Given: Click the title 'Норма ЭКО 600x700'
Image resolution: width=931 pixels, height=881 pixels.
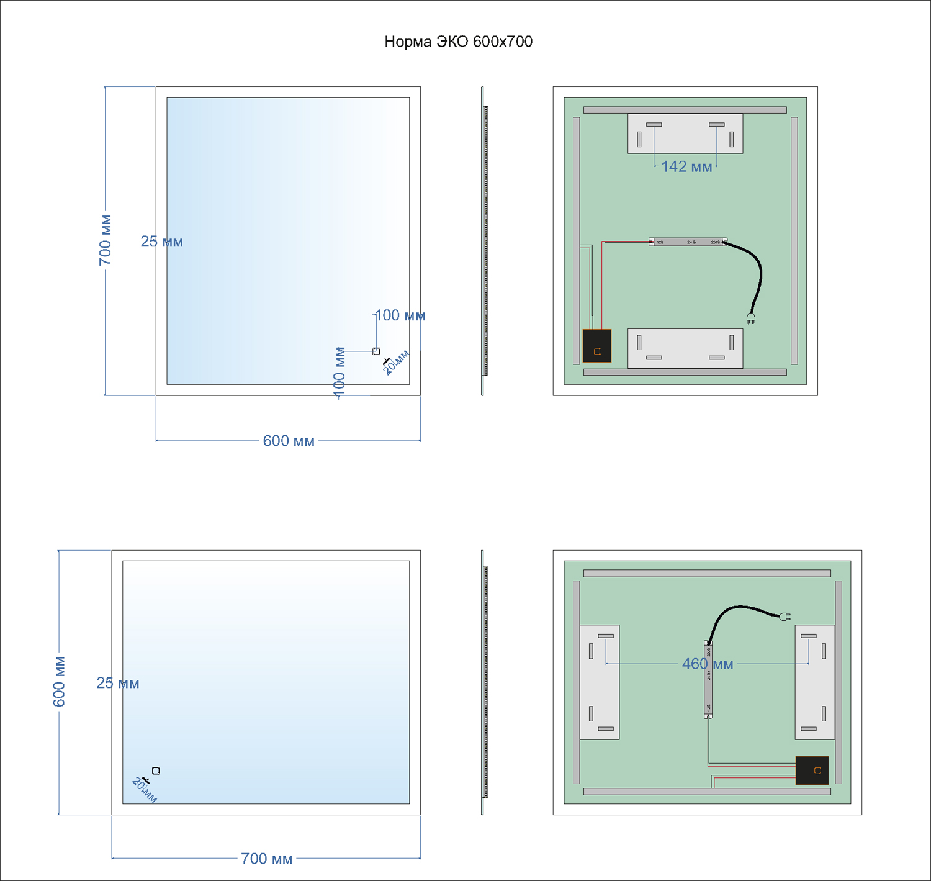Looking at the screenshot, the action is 458,42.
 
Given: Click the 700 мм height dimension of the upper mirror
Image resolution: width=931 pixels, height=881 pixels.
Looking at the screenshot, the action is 106,240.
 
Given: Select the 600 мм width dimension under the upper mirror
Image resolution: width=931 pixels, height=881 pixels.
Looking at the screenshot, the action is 289,441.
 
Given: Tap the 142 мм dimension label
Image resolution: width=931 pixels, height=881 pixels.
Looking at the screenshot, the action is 686,166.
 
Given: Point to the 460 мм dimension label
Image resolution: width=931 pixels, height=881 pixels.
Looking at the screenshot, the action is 708,664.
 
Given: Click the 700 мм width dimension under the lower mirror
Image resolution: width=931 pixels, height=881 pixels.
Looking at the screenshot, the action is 266,859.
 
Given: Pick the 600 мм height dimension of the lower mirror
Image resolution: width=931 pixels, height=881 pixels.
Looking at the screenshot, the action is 59,681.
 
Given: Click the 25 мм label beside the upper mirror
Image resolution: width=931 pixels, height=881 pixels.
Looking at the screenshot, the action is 161,242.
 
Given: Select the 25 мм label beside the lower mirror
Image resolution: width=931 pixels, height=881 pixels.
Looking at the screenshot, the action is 118,683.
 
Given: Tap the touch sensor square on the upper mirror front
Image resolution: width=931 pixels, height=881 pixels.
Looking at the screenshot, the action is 376,351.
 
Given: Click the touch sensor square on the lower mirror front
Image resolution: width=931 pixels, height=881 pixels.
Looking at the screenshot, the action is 156,770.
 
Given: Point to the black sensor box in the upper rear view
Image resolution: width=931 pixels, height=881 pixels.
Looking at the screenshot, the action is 597,346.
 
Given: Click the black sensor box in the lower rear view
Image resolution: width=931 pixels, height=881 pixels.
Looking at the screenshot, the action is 812,770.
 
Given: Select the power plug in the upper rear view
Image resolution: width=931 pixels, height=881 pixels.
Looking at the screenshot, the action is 751,319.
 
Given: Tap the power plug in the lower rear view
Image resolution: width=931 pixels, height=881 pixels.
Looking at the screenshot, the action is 785,616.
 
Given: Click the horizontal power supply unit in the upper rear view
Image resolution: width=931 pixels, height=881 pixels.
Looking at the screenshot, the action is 688,242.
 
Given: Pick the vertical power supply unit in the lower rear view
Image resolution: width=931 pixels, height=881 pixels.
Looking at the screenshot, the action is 708,679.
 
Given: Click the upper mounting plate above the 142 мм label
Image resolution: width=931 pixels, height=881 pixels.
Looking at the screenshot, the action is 685,133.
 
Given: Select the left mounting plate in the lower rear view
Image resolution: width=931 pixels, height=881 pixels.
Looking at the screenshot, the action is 599,682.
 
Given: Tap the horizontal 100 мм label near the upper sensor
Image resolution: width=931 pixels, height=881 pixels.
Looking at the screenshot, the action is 400,315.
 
